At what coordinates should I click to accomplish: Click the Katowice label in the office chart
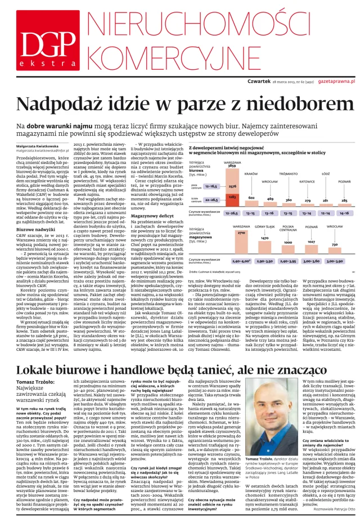click(307, 182)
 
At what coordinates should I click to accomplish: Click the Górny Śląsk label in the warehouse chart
click(264, 226)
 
